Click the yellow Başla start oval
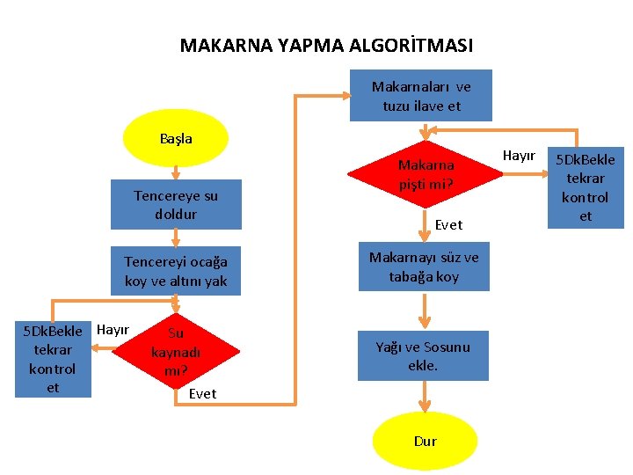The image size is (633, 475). click(x=176, y=138)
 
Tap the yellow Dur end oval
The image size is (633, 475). click(x=425, y=441)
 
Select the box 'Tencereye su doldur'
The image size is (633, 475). click(x=176, y=204)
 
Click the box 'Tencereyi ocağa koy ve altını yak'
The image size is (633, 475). click(x=176, y=271)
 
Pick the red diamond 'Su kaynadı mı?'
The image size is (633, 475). click(x=176, y=351)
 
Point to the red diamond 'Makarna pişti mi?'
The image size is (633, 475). click(x=426, y=174)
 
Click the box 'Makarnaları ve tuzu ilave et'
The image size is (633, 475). click(x=421, y=96)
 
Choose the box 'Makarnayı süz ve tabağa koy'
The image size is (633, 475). click(x=424, y=267)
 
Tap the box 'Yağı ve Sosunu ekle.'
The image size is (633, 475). click(x=423, y=355)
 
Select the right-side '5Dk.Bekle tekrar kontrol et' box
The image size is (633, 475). click(x=586, y=187)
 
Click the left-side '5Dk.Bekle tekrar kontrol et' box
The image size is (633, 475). click(x=53, y=359)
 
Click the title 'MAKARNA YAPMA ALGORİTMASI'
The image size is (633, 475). click(x=326, y=45)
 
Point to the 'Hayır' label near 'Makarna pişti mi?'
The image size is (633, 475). click(x=519, y=156)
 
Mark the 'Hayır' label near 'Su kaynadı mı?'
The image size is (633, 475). click(x=113, y=330)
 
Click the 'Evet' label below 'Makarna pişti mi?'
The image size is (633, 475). click(x=448, y=225)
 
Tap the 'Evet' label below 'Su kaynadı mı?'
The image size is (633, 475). click(x=202, y=393)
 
